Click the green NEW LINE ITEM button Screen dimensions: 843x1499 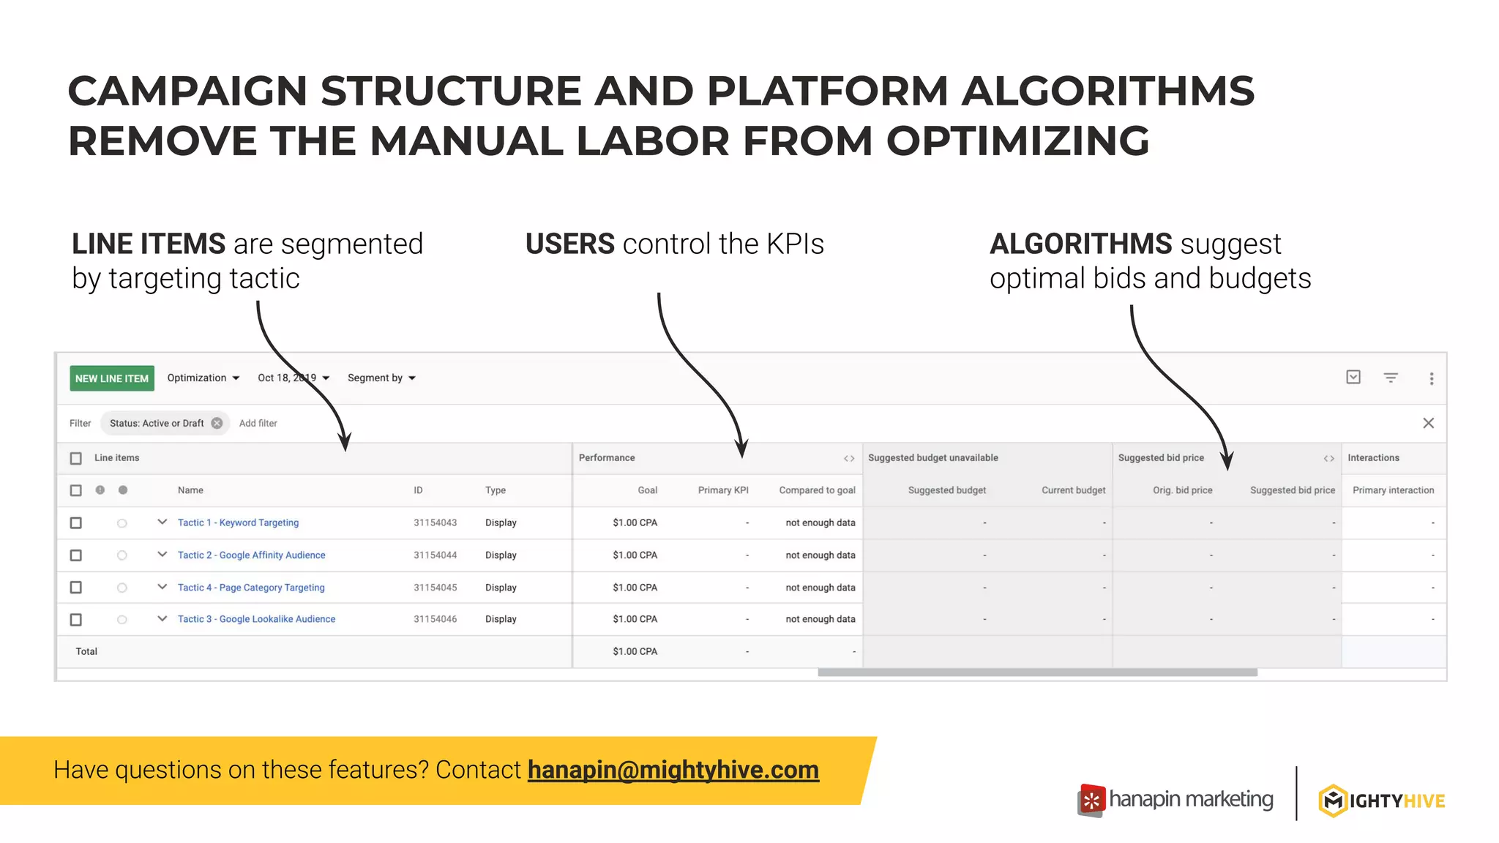click(112, 378)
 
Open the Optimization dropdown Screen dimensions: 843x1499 click(203, 378)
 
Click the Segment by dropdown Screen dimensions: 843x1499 click(381, 378)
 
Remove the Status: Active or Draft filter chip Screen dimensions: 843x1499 click(217, 423)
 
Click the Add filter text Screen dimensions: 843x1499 click(258, 423)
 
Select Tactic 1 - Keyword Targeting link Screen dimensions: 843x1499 click(238, 522)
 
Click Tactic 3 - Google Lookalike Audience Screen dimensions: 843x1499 click(256, 619)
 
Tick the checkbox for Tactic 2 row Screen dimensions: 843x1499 click(75, 555)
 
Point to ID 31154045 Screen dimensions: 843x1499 click(435, 588)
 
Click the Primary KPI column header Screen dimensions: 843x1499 click(722, 490)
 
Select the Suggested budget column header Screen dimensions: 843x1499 click(946, 490)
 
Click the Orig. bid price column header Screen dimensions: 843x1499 click(1182, 490)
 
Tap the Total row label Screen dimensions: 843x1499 click(86, 651)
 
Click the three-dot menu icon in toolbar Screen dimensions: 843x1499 click(1431, 378)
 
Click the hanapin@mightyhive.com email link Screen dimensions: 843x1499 click(673, 770)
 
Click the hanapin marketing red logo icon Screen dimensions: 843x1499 click(1091, 801)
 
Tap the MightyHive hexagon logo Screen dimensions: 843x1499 click(1333, 801)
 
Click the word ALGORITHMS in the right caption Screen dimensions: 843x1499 click(1080, 244)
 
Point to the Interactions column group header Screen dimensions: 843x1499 click(1373, 458)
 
